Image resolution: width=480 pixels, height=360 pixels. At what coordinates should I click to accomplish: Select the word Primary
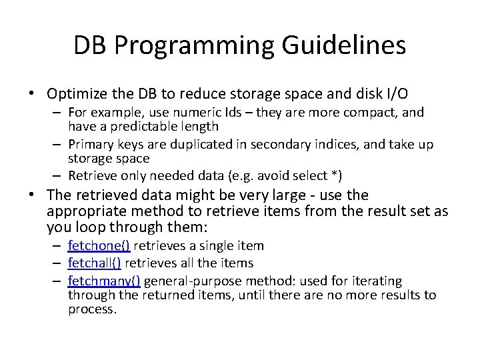pyautogui.click(x=90, y=145)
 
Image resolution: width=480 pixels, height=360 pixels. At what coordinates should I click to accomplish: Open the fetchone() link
pyautogui.click(x=99, y=246)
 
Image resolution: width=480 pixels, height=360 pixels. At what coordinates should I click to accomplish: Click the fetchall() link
pyautogui.click(x=94, y=263)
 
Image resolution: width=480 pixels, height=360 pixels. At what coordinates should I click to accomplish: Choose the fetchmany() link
pyautogui.click(x=103, y=281)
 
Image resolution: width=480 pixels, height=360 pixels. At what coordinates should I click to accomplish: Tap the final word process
pyautogui.click(x=92, y=309)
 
